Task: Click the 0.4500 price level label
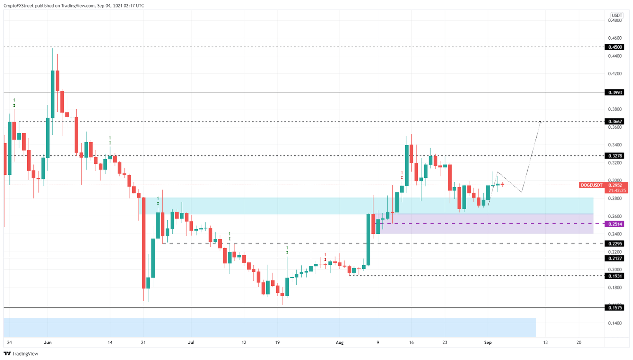click(x=614, y=47)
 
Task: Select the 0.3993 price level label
click(x=614, y=92)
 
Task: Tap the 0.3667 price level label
click(x=614, y=122)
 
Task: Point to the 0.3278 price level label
click(x=614, y=156)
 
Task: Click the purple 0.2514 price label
click(x=614, y=224)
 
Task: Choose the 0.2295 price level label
click(x=614, y=244)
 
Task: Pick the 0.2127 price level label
click(x=614, y=259)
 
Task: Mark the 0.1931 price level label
click(x=614, y=276)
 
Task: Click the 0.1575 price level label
click(x=614, y=308)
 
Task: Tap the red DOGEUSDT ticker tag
click(x=591, y=186)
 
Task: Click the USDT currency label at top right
click(x=617, y=16)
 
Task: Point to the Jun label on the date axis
click(x=48, y=342)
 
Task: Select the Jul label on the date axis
click(x=191, y=342)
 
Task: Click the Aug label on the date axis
click(x=340, y=342)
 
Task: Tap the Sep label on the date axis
click(x=488, y=342)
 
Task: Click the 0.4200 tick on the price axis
click(x=615, y=74)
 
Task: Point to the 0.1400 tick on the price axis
click(x=615, y=323)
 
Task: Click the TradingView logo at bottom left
click(x=21, y=354)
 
